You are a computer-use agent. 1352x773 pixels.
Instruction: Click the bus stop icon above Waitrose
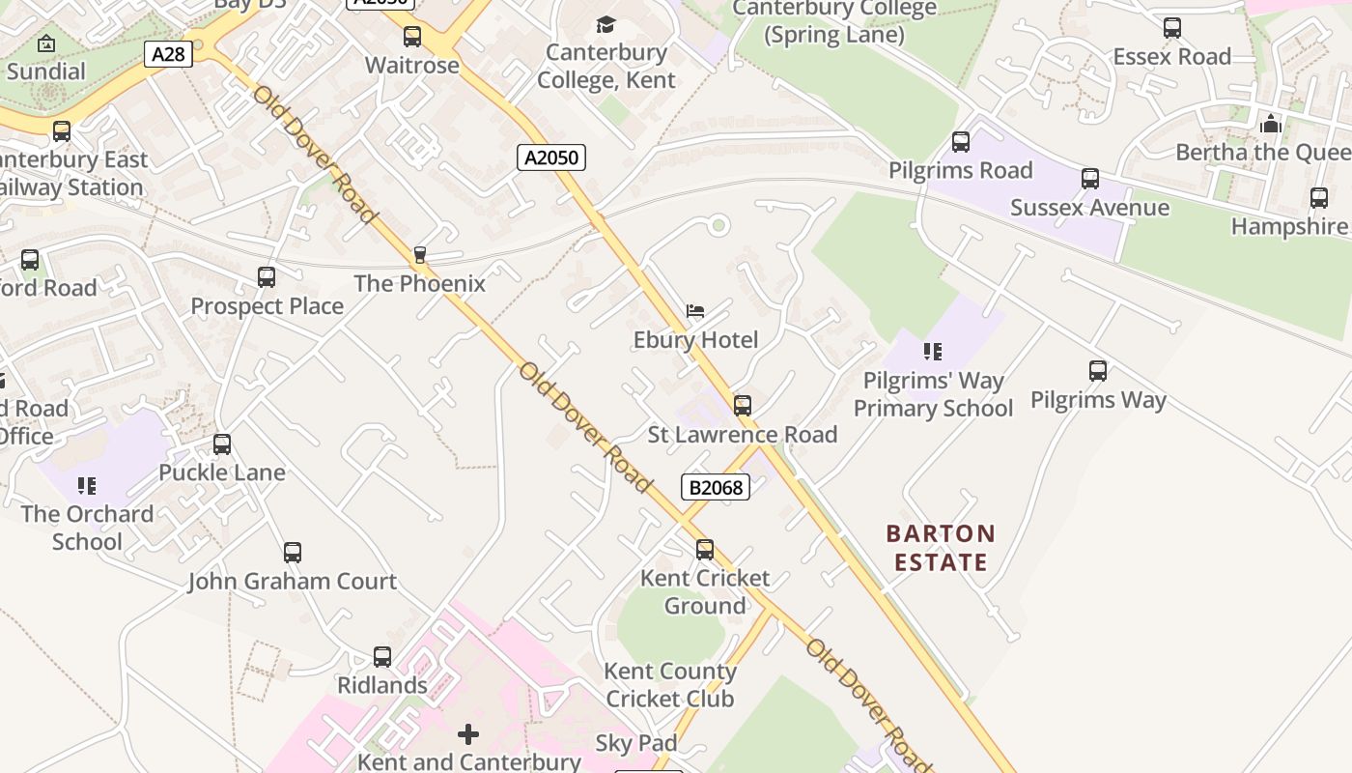412,37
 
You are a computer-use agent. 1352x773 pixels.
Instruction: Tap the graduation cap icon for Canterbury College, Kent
606,24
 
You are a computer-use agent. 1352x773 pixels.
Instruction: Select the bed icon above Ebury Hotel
694,311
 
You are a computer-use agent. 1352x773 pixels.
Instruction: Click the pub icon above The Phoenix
419,255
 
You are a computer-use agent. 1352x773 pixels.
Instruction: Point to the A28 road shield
168,54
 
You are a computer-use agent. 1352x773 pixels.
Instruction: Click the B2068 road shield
716,487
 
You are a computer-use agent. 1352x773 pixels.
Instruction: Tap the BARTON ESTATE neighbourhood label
941,548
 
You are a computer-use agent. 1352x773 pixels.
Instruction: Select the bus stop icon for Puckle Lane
222,444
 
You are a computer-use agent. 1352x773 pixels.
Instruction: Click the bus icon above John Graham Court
293,553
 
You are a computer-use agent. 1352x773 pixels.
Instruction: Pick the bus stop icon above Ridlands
382,657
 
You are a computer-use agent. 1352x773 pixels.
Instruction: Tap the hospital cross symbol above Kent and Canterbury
468,734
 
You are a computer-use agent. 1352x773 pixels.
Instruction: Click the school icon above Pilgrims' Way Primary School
932,351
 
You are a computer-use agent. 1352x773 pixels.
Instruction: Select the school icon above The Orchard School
87,485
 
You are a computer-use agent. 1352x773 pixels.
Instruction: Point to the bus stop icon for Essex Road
1172,28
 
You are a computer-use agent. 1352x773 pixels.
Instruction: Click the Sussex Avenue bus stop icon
1090,179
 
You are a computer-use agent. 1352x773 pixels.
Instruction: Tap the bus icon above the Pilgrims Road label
961,142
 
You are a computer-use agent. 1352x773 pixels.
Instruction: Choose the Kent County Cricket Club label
670,684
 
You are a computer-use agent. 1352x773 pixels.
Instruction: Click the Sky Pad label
635,743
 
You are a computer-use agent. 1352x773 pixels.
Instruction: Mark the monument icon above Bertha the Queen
1271,124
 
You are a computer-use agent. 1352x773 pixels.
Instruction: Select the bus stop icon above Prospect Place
267,277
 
